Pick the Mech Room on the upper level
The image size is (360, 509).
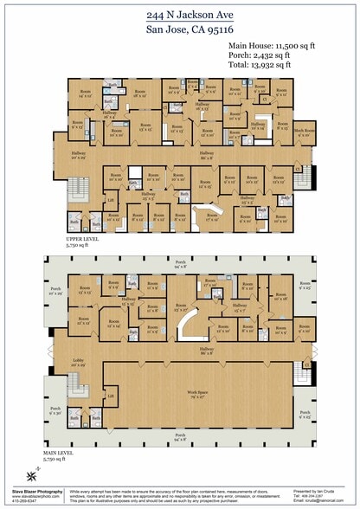pyautogui.click(x=305, y=132)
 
